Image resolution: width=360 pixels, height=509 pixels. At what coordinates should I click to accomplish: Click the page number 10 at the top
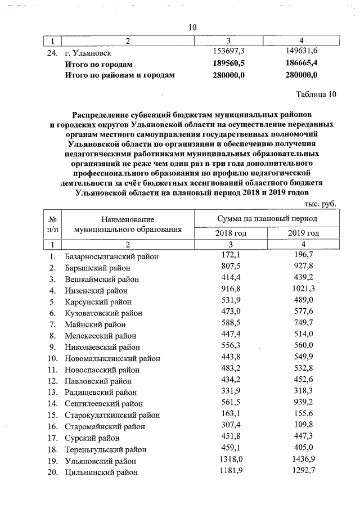coord(192,28)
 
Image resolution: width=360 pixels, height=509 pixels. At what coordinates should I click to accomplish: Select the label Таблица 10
coord(316,94)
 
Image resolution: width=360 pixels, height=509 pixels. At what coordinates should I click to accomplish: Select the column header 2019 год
coord(303,233)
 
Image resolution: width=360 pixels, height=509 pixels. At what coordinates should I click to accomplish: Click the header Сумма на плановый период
coord(267,218)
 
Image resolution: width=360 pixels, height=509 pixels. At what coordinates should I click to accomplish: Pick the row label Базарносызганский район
coord(111,256)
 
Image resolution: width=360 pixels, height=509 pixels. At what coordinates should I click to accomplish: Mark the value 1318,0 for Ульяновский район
coord(229,460)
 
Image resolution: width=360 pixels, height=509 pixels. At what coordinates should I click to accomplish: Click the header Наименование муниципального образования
coord(128,224)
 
